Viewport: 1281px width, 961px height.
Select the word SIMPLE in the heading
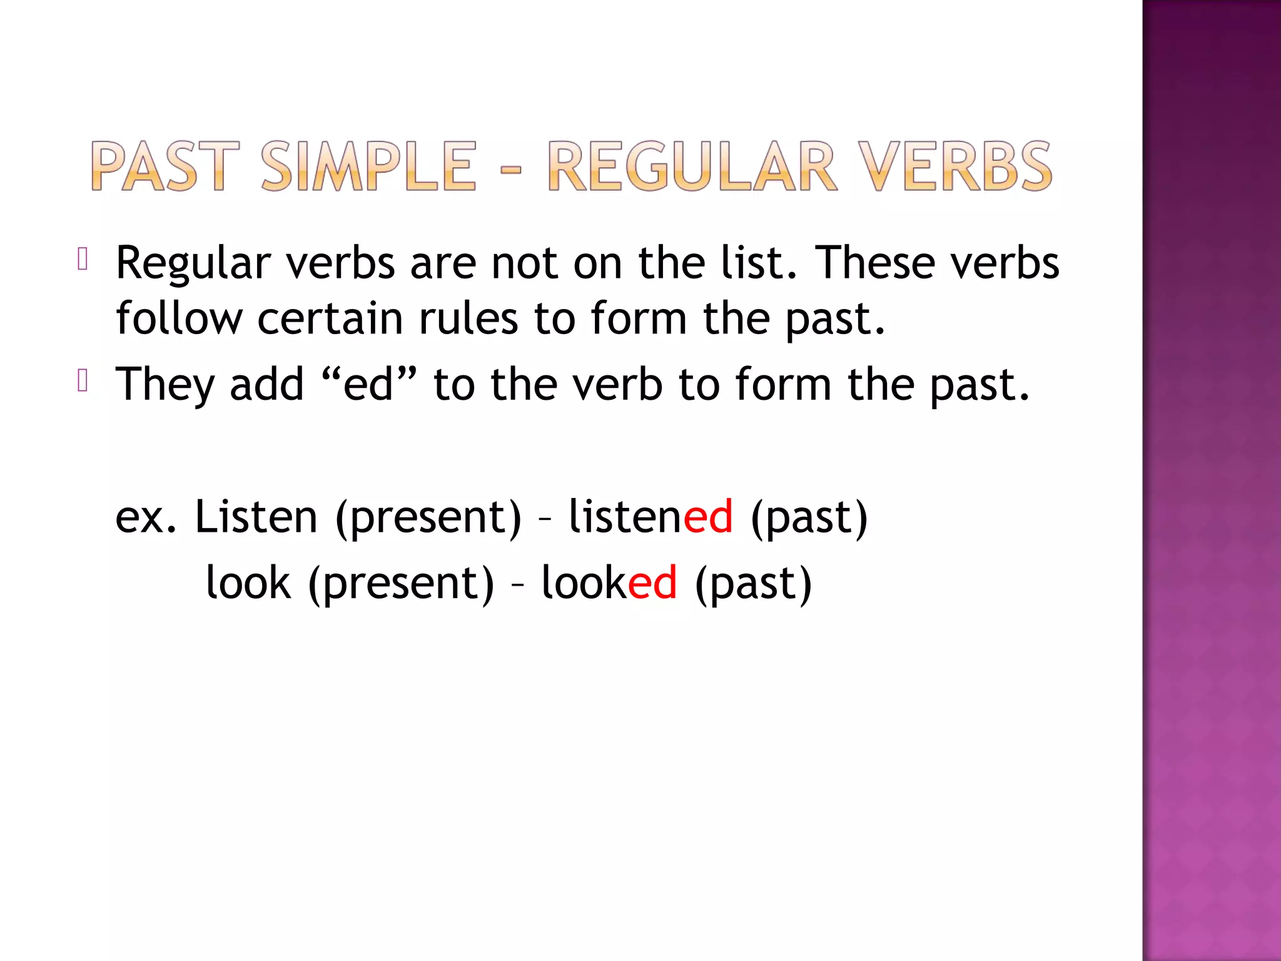tap(368, 166)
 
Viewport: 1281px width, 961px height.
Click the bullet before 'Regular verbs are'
tap(83, 259)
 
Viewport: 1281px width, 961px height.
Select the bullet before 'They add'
tap(83, 380)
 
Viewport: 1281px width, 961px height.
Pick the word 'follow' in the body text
tap(179, 318)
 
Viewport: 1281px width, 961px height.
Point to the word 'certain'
tap(330, 318)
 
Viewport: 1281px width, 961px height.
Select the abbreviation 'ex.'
tap(146, 517)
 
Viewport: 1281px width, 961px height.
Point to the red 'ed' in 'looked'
tap(652, 582)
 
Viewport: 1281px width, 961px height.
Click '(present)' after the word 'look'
tap(401, 584)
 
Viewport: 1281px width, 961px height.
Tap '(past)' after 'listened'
tap(809, 518)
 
